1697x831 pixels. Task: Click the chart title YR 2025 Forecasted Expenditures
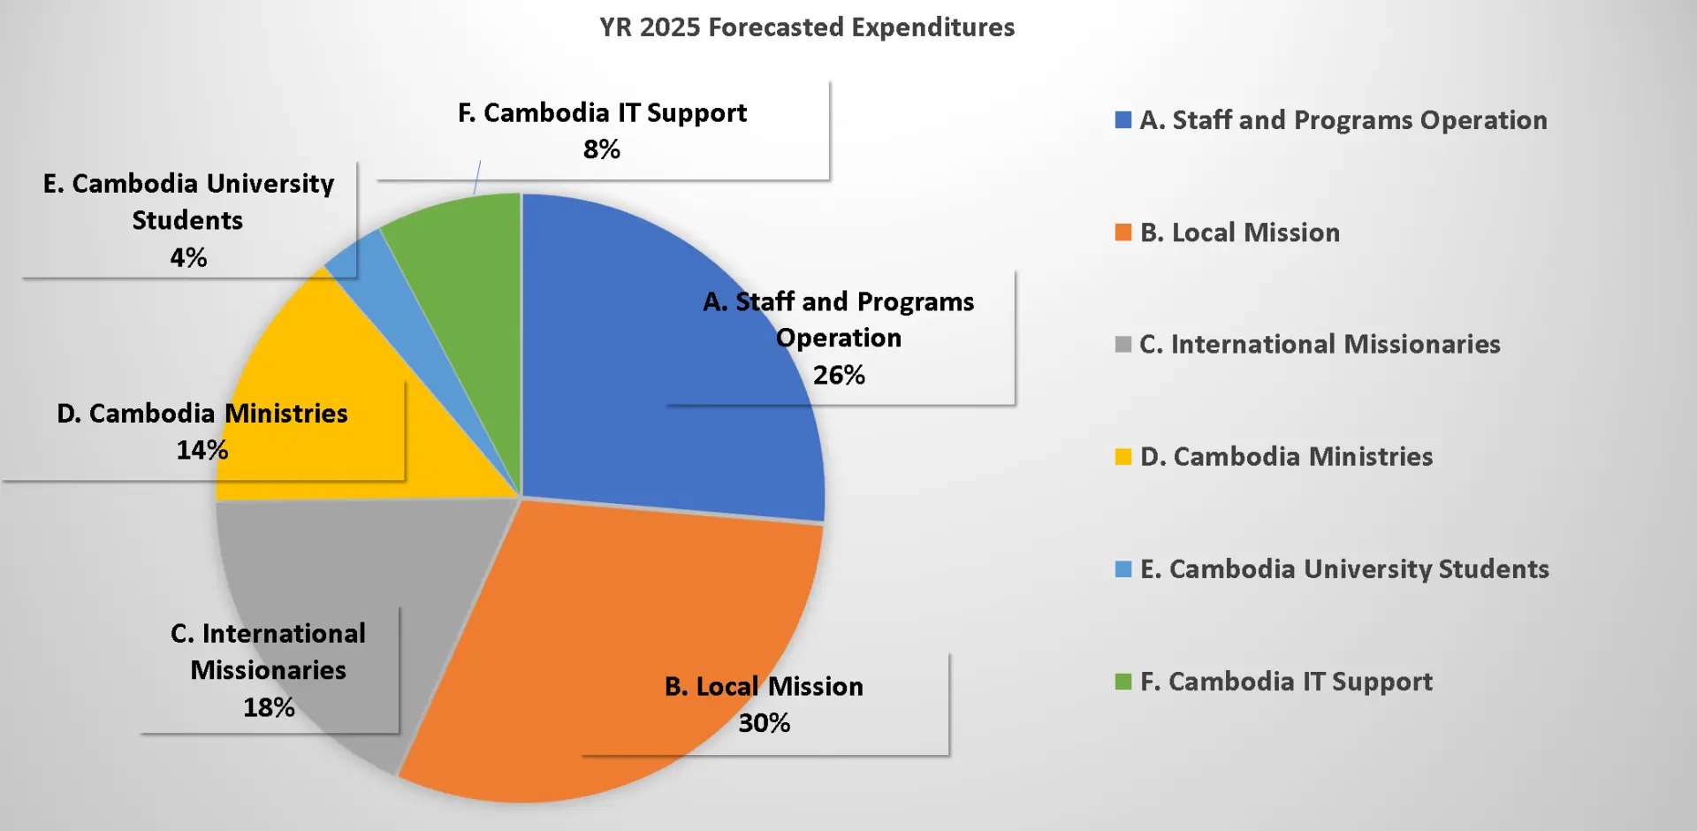pos(806,27)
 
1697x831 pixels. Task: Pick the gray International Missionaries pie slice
pos(354,566)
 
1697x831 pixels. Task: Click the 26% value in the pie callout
pos(839,375)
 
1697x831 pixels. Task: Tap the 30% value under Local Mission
pos(764,723)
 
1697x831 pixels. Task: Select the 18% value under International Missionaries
pos(269,707)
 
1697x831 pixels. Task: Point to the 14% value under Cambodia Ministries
pos(202,450)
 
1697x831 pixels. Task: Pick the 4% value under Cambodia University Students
pos(188,257)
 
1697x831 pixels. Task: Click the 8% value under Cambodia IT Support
pos(601,149)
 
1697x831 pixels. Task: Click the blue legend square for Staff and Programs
pos(1123,120)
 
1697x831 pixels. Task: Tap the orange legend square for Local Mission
pos(1123,233)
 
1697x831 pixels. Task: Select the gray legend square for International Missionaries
pos(1123,344)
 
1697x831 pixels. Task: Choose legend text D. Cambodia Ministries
pos(1286,456)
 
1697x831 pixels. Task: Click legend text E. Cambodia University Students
pos(1344,568)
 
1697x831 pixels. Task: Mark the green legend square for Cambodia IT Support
pos(1123,682)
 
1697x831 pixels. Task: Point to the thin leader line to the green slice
pos(477,177)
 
